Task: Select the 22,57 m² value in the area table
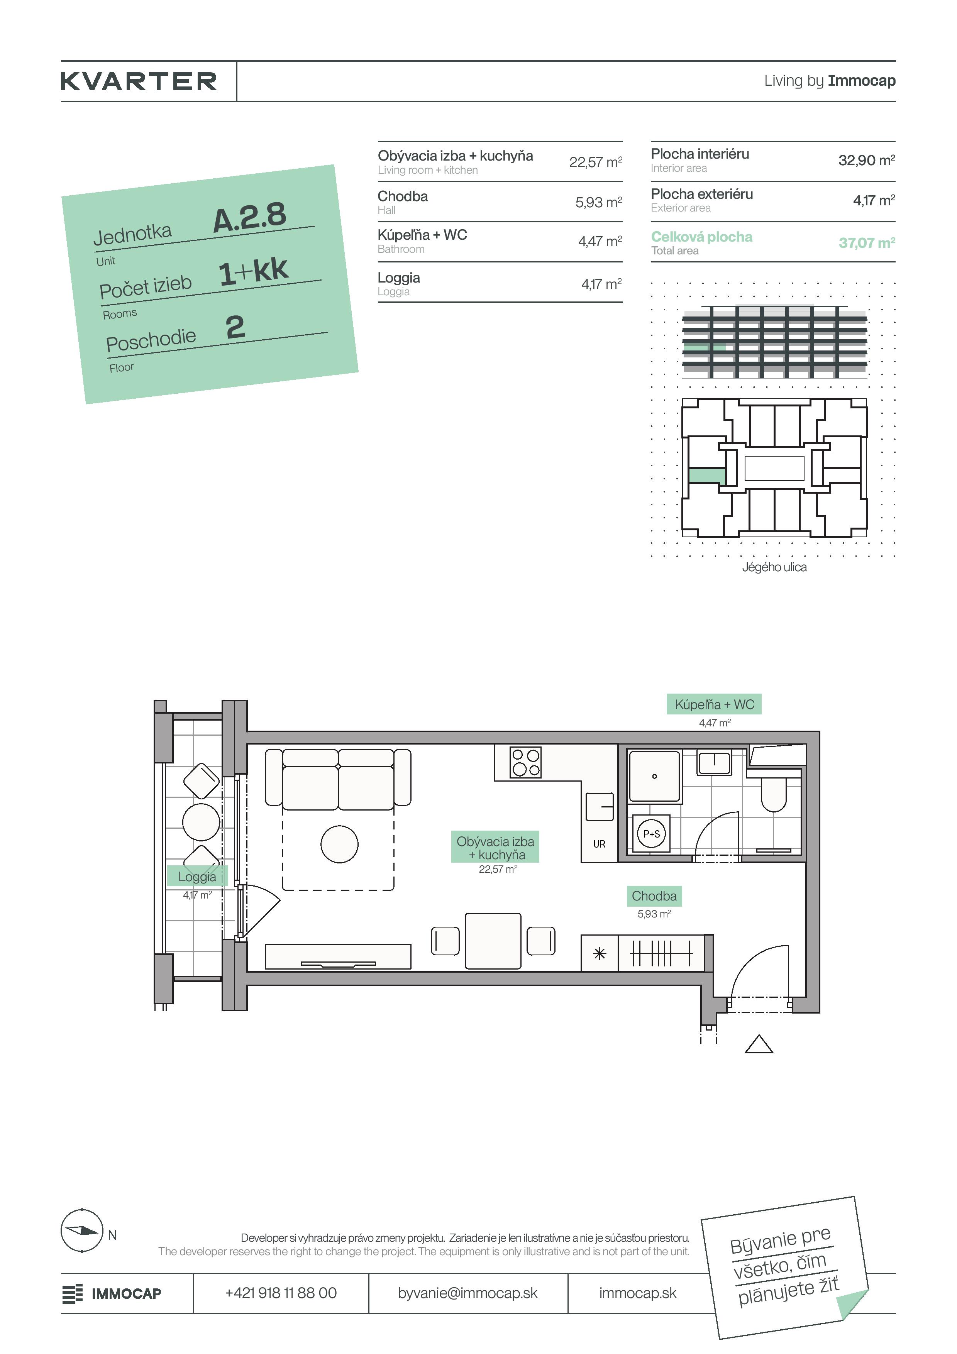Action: [x=596, y=162]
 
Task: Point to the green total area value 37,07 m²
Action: [x=867, y=242]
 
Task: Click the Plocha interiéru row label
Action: [x=700, y=154]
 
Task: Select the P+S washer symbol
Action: [x=652, y=834]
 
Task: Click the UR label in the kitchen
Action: [x=599, y=844]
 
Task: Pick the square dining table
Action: [x=493, y=941]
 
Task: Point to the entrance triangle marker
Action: [x=759, y=1044]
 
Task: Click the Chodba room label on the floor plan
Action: [x=654, y=896]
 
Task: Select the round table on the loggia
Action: [x=201, y=822]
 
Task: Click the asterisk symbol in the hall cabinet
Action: [x=599, y=954]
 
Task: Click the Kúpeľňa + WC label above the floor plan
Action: [x=714, y=704]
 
